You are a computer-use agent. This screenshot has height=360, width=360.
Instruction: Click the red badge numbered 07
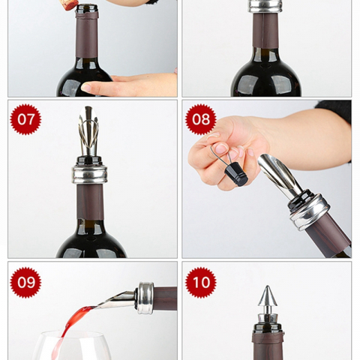point(25,119)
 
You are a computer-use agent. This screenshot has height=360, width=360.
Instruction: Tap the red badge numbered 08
point(201,119)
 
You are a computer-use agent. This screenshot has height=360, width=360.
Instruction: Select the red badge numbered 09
point(25,283)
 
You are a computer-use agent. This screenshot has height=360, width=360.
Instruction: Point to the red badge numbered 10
point(201,283)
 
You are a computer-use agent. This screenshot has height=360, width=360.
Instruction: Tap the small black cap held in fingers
point(236,174)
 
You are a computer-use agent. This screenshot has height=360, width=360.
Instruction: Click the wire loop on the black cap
point(221,156)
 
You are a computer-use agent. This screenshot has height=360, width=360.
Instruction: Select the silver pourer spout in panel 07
point(88,131)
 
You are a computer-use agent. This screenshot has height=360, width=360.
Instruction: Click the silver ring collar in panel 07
point(90,174)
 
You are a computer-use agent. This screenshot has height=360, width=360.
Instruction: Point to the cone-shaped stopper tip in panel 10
point(268,296)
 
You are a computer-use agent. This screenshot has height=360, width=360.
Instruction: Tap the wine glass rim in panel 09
point(71,334)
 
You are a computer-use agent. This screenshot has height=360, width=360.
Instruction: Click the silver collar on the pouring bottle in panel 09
point(145,298)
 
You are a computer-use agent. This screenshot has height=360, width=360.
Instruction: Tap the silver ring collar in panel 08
point(310,211)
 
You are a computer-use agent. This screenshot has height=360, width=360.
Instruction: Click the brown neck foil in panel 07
point(90,202)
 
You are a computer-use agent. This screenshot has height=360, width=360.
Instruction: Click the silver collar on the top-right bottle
point(265,6)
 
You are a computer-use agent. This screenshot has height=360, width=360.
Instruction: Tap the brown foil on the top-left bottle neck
point(87,35)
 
